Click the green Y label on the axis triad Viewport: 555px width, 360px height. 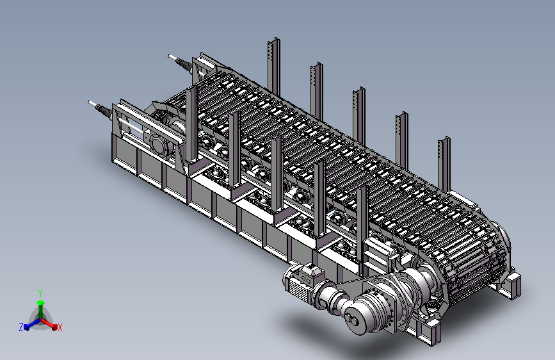tap(40, 293)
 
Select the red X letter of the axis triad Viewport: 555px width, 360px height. tap(60, 327)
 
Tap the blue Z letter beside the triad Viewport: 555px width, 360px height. tap(21, 327)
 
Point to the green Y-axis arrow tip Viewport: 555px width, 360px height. tap(41, 302)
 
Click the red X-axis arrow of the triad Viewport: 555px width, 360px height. tap(48, 323)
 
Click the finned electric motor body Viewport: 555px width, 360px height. tap(296, 283)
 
